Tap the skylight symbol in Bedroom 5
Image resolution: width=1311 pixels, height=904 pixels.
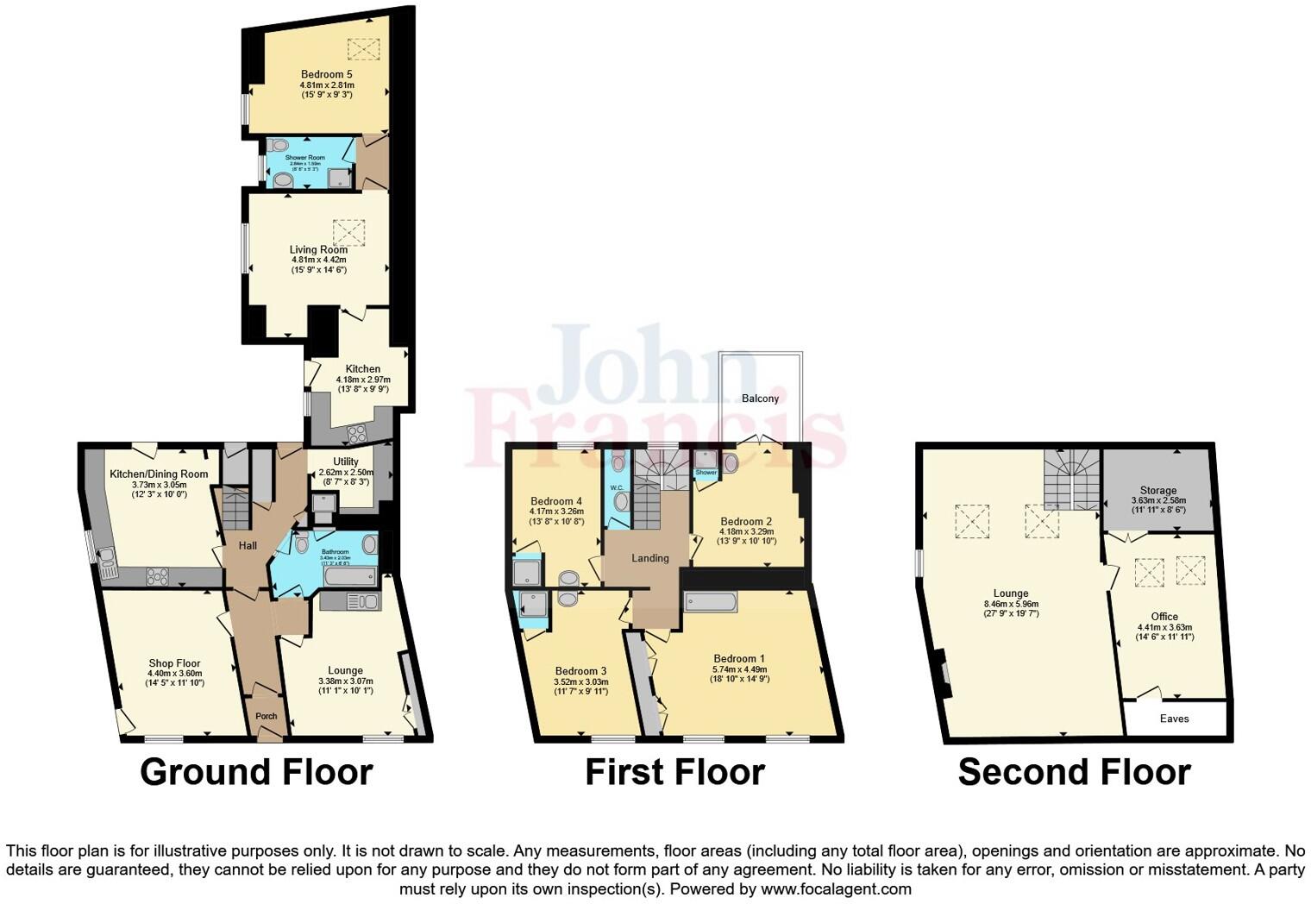pyautogui.click(x=363, y=49)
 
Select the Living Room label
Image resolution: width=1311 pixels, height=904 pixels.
pyautogui.click(x=318, y=249)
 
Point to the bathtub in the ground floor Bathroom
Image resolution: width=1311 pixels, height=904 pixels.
pyautogui.click(x=350, y=575)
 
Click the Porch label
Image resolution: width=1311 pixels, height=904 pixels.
pyautogui.click(x=267, y=716)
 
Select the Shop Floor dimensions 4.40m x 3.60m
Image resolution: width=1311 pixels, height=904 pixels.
pyautogui.click(x=175, y=674)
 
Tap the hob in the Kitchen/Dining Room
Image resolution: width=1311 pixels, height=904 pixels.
pyautogui.click(x=157, y=575)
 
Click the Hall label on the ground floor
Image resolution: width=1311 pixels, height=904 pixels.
pyautogui.click(x=248, y=546)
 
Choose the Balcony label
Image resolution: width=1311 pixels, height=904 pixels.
pyautogui.click(x=760, y=399)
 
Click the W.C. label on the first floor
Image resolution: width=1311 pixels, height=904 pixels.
pyautogui.click(x=616, y=488)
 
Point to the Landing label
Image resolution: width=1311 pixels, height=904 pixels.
pyautogui.click(x=649, y=558)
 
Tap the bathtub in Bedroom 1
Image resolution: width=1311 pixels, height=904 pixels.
pyautogui.click(x=711, y=601)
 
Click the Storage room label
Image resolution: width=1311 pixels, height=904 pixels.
pyautogui.click(x=1157, y=490)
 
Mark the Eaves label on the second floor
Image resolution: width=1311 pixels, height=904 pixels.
pyautogui.click(x=1174, y=719)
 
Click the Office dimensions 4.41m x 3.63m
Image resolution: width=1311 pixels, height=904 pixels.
pyautogui.click(x=1164, y=627)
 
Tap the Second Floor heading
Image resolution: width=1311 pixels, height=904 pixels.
pyautogui.click(x=1074, y=772)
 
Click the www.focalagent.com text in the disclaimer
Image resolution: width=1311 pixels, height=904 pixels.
pyautogui.click(x=836, y=888)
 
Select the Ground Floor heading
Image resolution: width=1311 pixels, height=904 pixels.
pyautogui.click(x=256, y=772)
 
